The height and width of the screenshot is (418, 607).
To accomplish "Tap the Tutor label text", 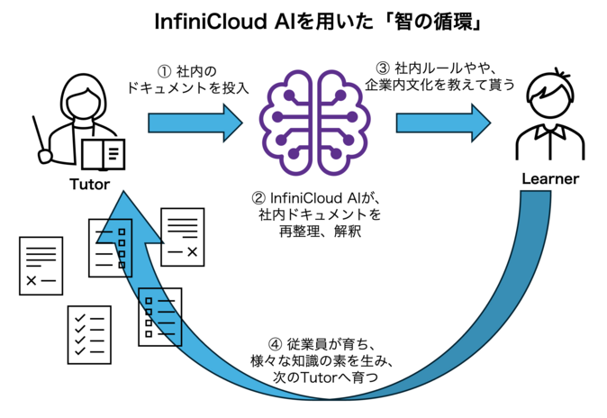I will [89, 185].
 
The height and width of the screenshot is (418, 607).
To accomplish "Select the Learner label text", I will [550, 179].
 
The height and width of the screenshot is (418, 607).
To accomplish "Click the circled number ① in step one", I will [165, 69].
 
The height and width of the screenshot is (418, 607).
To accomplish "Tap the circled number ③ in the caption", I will [382, 69].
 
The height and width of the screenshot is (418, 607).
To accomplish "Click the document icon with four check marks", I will [89, 333].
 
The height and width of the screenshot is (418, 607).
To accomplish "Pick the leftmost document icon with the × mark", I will [41, 264].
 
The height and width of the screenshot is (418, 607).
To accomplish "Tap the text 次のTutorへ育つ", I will [325, 379].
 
